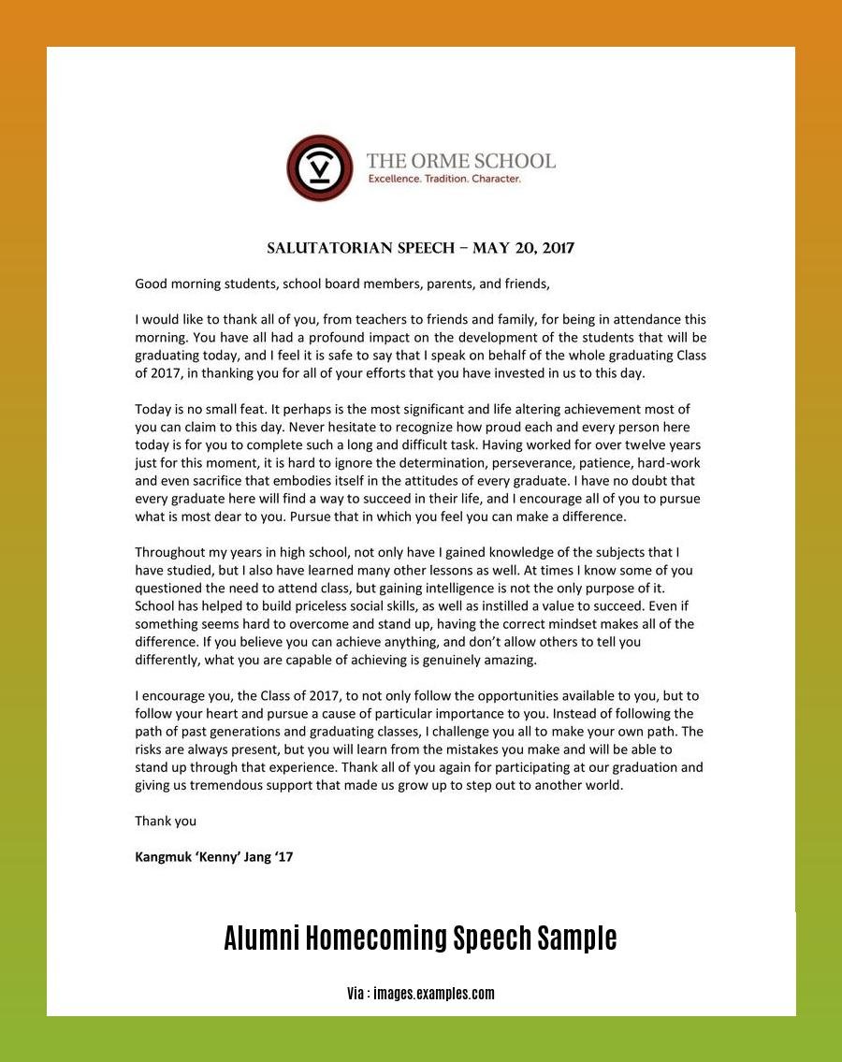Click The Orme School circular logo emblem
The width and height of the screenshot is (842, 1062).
point(320,168)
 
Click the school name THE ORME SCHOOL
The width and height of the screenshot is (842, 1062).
point(460,161)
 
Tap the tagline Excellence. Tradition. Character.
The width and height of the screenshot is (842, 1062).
point(443,178)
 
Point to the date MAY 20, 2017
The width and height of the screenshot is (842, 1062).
point(523,248)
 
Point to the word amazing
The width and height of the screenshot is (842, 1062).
point(507,660)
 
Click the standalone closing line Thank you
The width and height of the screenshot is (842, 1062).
point(166,821)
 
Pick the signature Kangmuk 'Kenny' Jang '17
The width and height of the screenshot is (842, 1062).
point(214,856)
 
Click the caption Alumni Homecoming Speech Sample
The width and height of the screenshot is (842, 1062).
point(420,938)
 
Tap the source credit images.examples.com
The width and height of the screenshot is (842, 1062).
point(433,994)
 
